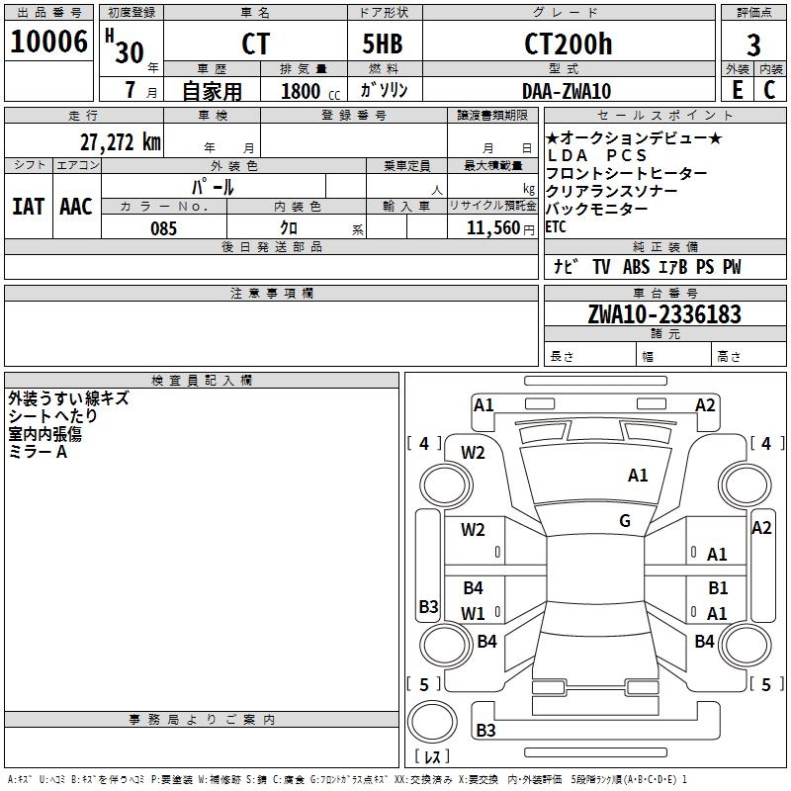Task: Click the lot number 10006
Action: [48, 43]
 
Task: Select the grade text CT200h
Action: [568, 44]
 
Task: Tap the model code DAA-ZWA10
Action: [567, 91]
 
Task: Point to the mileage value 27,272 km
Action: [120, 141]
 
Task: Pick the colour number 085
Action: [163, 228]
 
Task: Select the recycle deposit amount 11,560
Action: [491, 228]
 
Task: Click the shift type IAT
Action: [28, 206]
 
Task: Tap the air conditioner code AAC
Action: [75, 206]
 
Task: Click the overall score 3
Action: [753, 44]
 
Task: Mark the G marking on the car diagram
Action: [625, 521]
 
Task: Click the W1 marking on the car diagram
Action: [473, 613]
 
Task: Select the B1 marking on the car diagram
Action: [718, 588]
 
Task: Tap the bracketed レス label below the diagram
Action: [432, 756]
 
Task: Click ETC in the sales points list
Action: [557, 227]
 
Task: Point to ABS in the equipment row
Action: [638, 267]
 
